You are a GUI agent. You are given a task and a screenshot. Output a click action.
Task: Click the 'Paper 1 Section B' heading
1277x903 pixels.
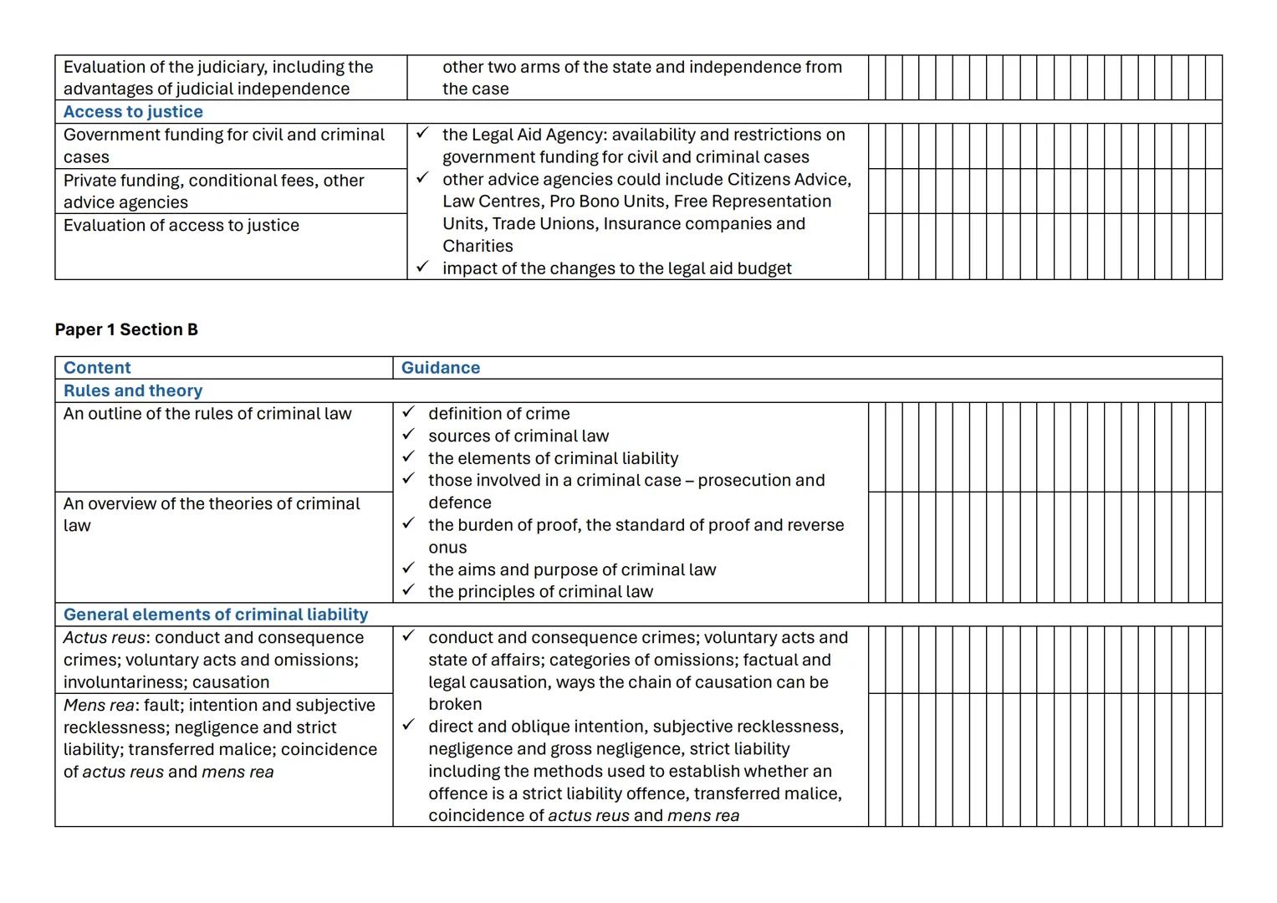126,329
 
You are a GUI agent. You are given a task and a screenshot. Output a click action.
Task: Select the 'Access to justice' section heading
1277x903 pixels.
133,112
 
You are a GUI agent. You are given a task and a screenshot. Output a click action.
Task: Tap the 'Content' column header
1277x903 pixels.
97,368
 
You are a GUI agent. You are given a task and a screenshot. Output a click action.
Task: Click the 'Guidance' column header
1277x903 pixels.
441,368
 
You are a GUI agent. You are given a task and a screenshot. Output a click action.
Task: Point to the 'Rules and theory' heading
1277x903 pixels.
133,390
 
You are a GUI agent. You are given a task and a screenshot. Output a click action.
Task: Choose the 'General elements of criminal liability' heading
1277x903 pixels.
216,615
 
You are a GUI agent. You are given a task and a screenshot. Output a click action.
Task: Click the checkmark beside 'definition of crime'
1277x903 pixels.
408,412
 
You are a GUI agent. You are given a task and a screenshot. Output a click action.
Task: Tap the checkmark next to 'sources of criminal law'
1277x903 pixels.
408,435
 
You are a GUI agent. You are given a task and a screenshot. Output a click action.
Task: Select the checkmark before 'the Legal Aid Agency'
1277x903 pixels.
422,133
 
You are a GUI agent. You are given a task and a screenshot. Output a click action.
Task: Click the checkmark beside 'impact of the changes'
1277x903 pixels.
422,267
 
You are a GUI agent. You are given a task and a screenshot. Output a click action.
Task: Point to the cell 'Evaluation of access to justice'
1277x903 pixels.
181,226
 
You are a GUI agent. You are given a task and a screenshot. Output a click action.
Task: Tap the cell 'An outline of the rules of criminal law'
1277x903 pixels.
207,414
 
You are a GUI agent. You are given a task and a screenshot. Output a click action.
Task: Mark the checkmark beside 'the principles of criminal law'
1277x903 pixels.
408,590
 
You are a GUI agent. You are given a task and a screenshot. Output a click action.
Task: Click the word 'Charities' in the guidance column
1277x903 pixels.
478,246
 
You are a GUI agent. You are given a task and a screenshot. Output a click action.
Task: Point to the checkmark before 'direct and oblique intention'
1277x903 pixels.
408,725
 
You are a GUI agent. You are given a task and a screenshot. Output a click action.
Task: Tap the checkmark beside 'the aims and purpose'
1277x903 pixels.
408,568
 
